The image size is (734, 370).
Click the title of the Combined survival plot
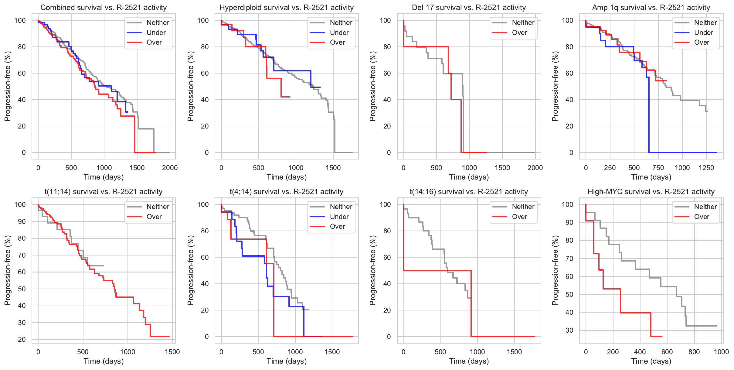pyautogui.click(x=104, y=8)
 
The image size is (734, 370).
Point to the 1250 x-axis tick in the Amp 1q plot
pyautogui.click(x=706, y=168)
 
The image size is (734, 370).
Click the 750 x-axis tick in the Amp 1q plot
pyautogui.click(x=658, y=168)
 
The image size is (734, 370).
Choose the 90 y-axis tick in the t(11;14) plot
pyautogui.click(x=22, y=221)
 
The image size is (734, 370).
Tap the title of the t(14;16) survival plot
pyautogui.click(x=469, y=192)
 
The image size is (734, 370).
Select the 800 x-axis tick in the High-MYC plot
pyautogui.click(x=694, y=352)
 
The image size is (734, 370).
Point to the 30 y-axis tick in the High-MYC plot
pyautogui.click(x=569, y=330)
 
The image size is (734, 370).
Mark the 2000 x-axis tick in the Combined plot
pyautogui.click(x=170, y=168)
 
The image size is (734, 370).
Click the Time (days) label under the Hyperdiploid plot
pyautogui.click(x=287, y=177)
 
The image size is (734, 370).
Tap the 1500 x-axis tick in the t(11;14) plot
pyautogui.click(x=172, y=352)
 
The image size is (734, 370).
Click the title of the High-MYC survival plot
pyautogui.click(x=651, y=192)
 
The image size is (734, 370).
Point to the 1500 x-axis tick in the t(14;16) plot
pyautogui.click(x=514, y=352)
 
